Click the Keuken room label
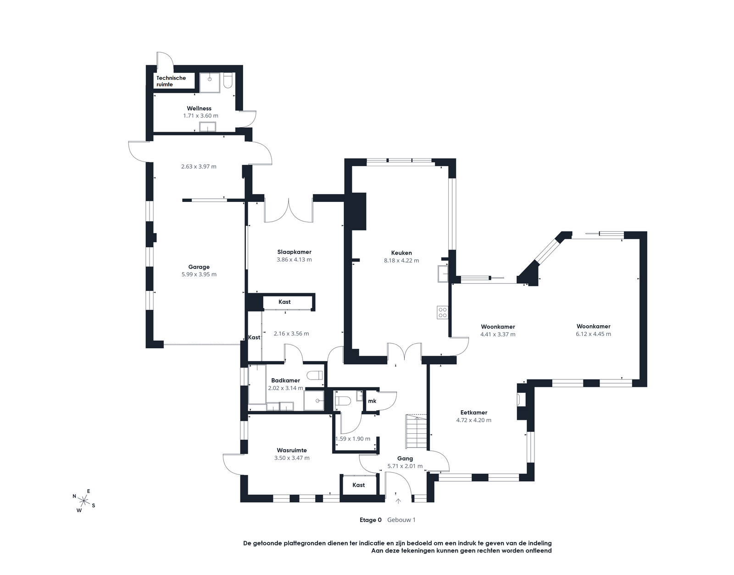click(401, 253)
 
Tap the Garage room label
click(199, 267)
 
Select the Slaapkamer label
click(294, 252)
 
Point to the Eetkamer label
click(473, 413)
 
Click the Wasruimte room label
click(292, 450)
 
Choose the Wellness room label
click(199, 108)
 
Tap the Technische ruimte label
click(171, 81)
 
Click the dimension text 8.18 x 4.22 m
click(401, 261)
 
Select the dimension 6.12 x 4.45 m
click(594, 334)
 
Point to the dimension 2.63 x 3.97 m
click(199, 167)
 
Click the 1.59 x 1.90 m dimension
click(353, 439)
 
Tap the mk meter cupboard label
click(372, 401)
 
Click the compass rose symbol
click(84, 500)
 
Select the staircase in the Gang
click(417, 431)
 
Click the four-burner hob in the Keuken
click(442, 313)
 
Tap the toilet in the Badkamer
click(315, 375)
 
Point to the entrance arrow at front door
click(398, 501)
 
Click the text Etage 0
click(371, 520)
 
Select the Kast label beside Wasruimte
click(358, 485)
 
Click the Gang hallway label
click(405, 458)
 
